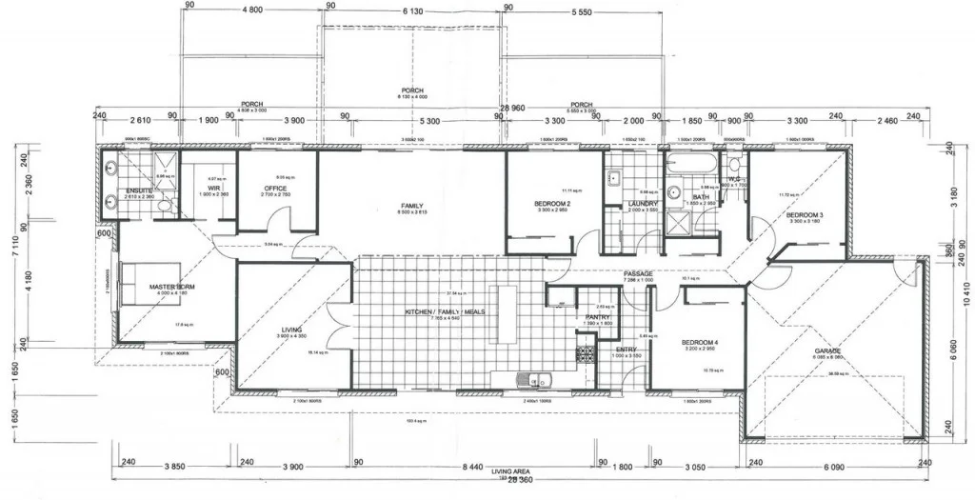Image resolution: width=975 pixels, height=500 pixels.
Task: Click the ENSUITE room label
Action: click(139, 190)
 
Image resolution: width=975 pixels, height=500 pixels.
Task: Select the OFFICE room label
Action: click(276, 189)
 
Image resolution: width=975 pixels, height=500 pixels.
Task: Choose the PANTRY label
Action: click(597, 317)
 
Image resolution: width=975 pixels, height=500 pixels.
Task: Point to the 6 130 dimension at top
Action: click(412, 10)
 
